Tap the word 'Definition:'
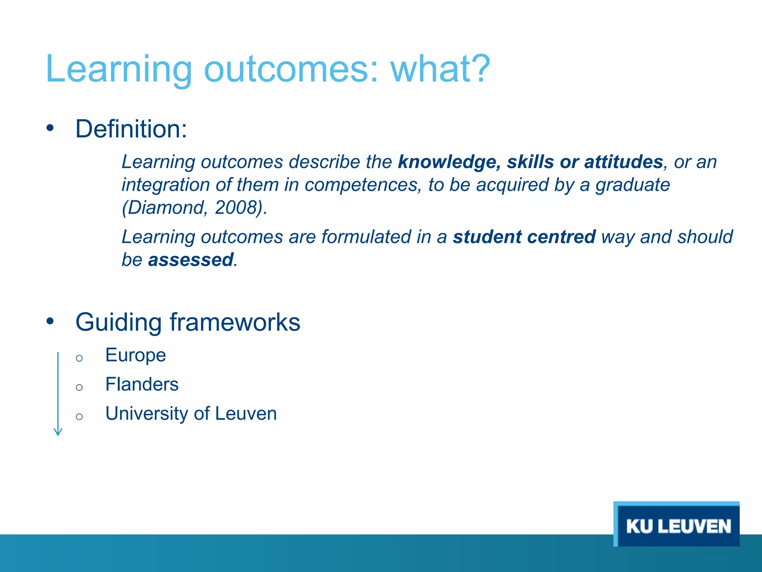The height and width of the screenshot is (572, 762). [x=131, y=129]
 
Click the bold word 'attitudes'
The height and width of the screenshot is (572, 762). [x=624, y=162]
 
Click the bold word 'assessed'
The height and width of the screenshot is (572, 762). [x=190, y=260]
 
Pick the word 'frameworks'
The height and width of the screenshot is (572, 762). [x=235, y=322]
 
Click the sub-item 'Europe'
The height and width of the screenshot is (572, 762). [x=135, y=355]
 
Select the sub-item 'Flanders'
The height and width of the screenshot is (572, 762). [x=142, y=384]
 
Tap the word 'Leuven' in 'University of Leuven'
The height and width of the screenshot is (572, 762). [x=246, y=414]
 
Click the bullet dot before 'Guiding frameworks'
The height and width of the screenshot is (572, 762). [x=50, y=321]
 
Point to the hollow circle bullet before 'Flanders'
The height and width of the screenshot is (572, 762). [x=79, y=387]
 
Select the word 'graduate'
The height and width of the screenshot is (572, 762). [x=633, y=185]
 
